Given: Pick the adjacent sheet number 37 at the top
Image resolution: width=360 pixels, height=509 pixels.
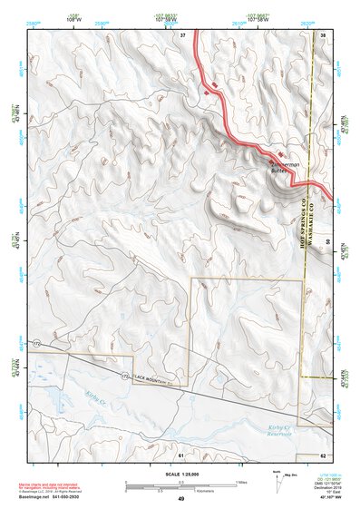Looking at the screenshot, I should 181,34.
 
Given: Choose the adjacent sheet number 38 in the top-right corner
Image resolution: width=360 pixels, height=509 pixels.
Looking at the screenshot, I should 323,34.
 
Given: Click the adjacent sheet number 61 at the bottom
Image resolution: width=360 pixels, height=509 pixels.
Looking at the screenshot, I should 181,454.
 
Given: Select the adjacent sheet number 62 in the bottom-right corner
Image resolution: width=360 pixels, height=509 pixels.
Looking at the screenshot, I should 323,455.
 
